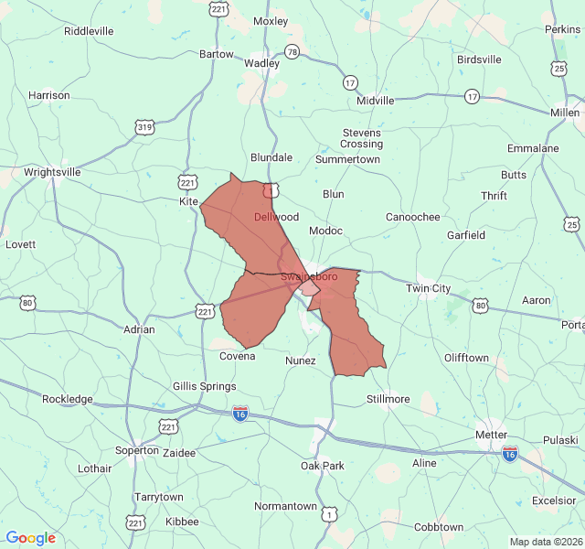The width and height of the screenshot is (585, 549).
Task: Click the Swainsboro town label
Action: (309, 275)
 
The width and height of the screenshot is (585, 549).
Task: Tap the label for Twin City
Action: (429, 288)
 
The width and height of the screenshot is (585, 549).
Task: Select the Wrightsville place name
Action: (52, 171)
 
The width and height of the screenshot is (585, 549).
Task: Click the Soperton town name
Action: (137, 450)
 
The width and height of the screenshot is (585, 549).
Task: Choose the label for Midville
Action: (376, 101)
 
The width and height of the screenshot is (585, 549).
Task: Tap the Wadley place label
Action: (261, 63)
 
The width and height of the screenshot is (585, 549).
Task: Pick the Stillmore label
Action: (388, 399)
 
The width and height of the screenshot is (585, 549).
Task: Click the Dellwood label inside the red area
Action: (276, 217)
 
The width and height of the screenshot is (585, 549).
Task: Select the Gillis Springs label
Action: (205, 386)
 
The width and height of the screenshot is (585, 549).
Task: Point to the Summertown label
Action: (347, 159)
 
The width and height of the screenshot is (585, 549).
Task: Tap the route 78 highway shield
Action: (292, 53)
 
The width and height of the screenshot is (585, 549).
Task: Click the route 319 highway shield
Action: (144, 126)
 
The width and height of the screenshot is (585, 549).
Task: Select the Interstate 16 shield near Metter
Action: (510, 453)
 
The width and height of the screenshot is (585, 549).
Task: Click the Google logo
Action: (30, 538)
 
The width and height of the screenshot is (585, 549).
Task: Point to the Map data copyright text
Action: (545, 542)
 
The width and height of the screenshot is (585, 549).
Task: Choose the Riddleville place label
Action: (89, 30)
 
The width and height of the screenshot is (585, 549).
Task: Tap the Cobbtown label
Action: (439, 527)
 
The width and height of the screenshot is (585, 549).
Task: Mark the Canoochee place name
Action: (412, 217)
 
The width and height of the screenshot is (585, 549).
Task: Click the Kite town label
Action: (188, 200)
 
